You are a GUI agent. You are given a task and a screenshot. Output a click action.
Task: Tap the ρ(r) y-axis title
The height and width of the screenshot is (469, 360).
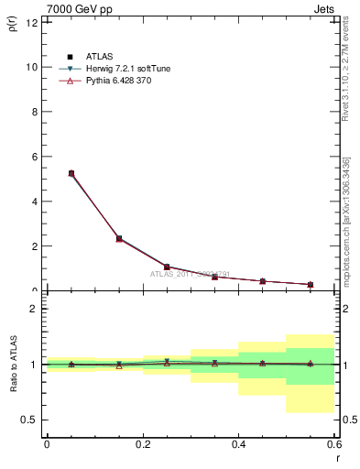coord(13,26)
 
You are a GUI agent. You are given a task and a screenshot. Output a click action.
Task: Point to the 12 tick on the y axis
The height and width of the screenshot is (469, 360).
coord(33,23)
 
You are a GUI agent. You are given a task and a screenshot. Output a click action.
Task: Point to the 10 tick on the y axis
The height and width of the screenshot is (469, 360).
coord(33,67)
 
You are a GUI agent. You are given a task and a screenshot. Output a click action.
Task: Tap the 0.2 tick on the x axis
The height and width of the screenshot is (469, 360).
coord(142,444)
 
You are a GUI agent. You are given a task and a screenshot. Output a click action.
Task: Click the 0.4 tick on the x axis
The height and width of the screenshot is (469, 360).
coord(238,444)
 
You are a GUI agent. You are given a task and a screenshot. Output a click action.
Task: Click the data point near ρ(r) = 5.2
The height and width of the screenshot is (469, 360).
coord(71,173)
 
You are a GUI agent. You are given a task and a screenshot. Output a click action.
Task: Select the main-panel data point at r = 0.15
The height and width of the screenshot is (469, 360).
coord(119,238)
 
